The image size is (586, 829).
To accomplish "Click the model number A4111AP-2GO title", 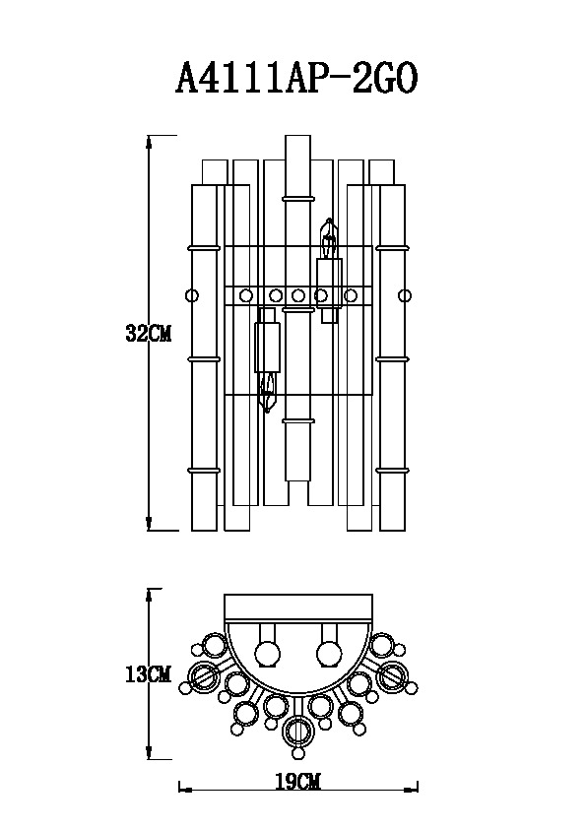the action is coord(296,78).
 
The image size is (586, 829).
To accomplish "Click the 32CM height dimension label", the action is coord(149,333).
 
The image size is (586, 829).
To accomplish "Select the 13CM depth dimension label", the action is coord(149,674).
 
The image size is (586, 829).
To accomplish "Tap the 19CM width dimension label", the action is coord(297,781).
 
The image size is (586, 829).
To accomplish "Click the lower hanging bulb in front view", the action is coord(269,392).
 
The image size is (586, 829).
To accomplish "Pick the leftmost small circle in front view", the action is coord(192,295).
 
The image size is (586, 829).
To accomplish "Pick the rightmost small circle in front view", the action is coord(405,295).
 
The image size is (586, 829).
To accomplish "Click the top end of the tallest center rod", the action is coord(297,135).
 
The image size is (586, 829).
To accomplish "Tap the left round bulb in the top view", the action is coord(268,653).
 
